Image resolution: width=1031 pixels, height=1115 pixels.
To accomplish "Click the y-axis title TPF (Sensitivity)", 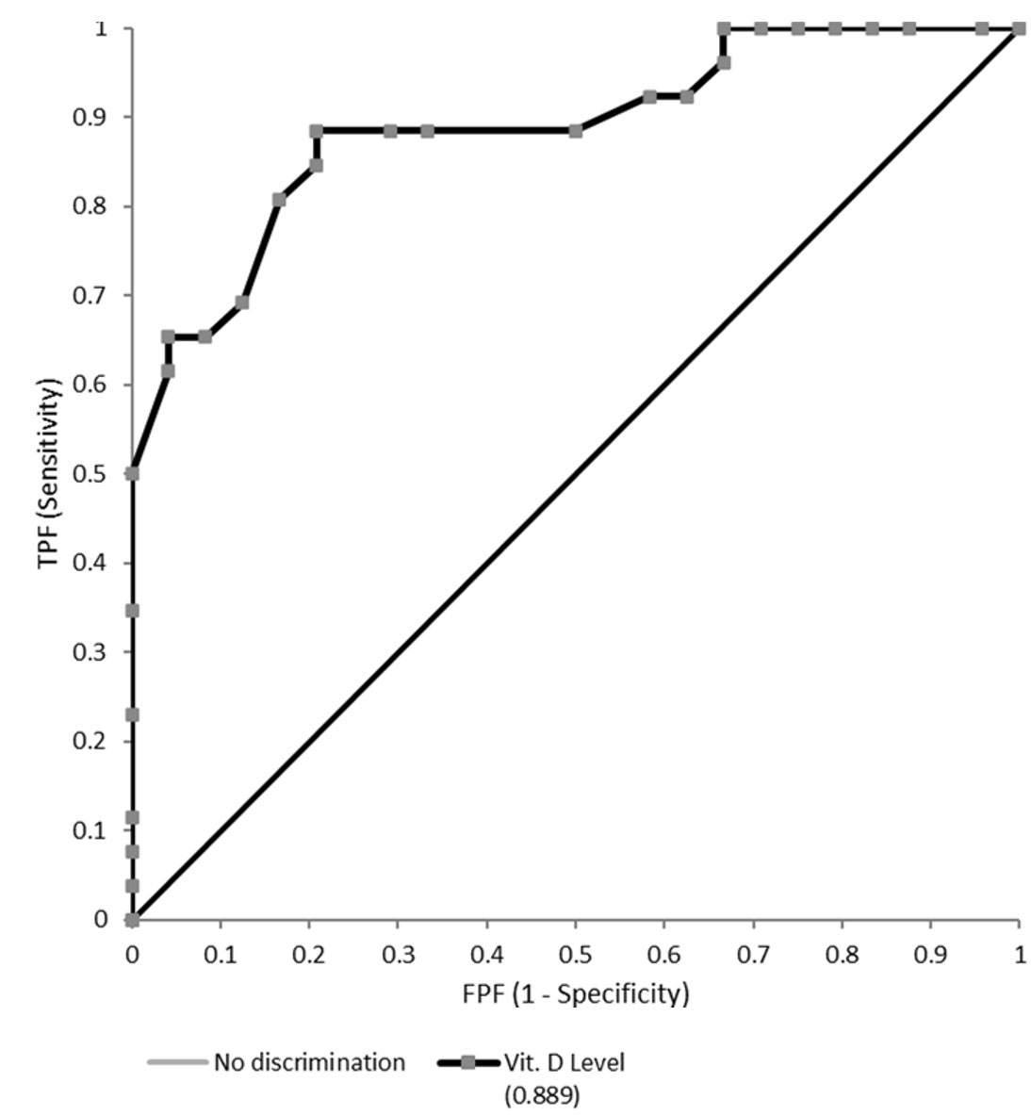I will pos(49,474).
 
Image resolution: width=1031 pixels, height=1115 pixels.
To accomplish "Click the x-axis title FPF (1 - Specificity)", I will pos(575,994).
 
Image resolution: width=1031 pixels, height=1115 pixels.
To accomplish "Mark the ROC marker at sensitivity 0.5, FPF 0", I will pos(132,473).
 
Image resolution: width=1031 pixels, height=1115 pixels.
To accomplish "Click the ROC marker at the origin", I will pos(132,919).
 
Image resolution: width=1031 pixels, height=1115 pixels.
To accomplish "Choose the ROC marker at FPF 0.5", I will pos(575,131).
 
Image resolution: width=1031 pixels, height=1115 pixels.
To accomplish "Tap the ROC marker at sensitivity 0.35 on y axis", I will pos(132,611).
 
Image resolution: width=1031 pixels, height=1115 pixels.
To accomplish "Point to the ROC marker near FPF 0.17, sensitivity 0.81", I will pos(279,200).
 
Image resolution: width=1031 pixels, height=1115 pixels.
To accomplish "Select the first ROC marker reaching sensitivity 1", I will pos(723,29).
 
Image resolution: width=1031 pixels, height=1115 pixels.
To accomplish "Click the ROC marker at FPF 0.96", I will pos(982,29).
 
